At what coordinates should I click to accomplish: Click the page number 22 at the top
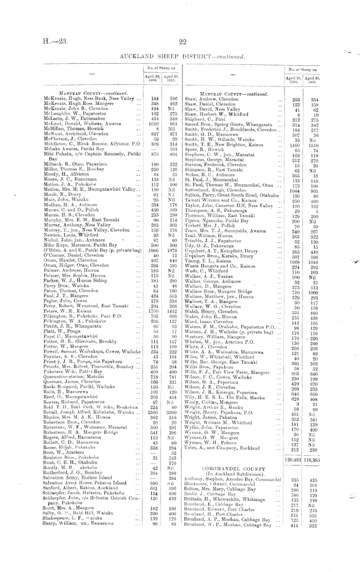182,45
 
